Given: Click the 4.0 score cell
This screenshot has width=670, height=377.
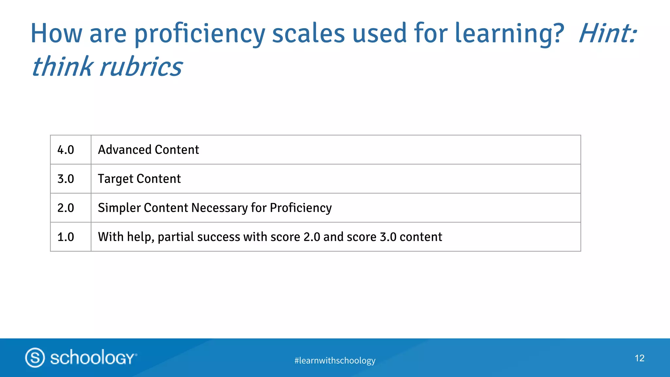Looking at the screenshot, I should [x=66, y=150].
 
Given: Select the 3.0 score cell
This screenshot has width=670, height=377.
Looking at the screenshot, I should [x=66, y=179].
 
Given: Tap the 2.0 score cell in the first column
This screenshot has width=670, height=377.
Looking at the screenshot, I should [x=66, y=208].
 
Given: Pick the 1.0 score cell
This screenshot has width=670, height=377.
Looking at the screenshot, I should [x=66, y=237].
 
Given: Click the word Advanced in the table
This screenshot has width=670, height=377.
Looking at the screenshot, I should [x=125, y=150].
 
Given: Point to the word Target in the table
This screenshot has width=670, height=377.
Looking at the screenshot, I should [x=115, y=179].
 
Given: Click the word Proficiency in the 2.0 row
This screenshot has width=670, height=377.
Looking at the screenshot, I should [x=301, y=208].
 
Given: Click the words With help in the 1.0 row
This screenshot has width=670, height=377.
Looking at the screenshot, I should [x=126, y=237].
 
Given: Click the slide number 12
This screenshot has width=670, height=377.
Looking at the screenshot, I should [x=640, y=358].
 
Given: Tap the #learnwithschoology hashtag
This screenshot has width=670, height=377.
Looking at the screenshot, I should [x=335, y=360].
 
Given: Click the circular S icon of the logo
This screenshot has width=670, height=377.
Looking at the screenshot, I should [x=35, y=357].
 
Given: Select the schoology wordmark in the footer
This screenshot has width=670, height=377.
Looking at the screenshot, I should [x=93, y=357].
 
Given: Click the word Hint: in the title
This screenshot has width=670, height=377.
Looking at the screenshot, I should [x=608, y=33].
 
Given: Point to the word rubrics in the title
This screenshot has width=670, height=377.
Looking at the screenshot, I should [x=141, y=67].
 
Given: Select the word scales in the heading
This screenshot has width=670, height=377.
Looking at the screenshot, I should [x=309, y=33].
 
